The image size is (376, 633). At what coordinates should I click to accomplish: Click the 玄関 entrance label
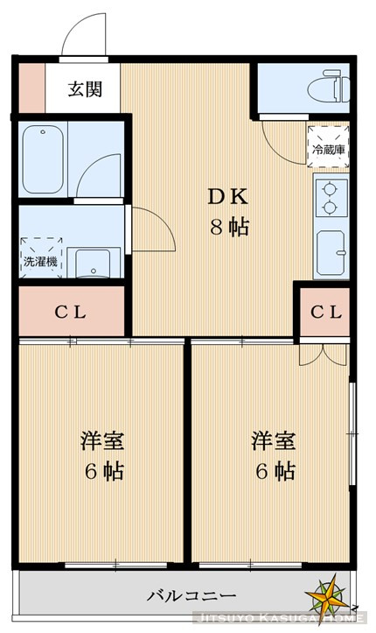[86, 88]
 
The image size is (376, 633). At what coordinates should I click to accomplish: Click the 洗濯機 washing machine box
[40, 253]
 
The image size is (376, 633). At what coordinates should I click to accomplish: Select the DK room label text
[226, 195]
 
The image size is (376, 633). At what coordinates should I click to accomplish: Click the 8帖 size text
[227, 227]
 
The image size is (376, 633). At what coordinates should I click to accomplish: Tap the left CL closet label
[72, 312]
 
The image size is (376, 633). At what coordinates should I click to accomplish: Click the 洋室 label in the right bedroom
[273, 440]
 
